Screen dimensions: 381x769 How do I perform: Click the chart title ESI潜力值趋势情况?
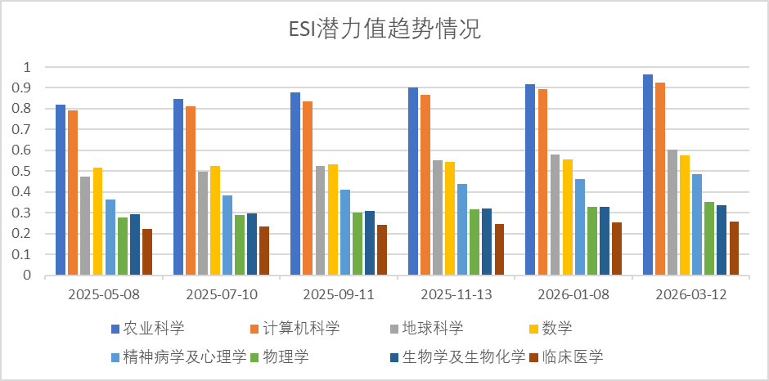[x=384, y=30]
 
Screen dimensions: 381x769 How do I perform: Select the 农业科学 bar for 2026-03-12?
[x=648, y=175]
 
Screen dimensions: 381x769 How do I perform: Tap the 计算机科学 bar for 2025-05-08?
[x=73, y=193]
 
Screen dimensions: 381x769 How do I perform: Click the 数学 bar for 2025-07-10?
[x=215, y=221]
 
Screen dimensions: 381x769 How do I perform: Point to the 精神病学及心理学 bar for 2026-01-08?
[x=580, y=227]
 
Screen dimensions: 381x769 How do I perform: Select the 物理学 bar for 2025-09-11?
[x=358, y=244]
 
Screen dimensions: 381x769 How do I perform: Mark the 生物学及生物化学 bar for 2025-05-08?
[x=134, y=244]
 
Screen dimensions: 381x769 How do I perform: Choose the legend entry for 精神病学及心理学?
[x=184, y=356]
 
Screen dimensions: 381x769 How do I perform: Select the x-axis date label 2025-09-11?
[x=339, y=294]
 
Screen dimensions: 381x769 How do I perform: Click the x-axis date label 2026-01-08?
[x=573, y=294]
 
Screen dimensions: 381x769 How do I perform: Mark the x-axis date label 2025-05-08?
[x=104, y=294]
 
